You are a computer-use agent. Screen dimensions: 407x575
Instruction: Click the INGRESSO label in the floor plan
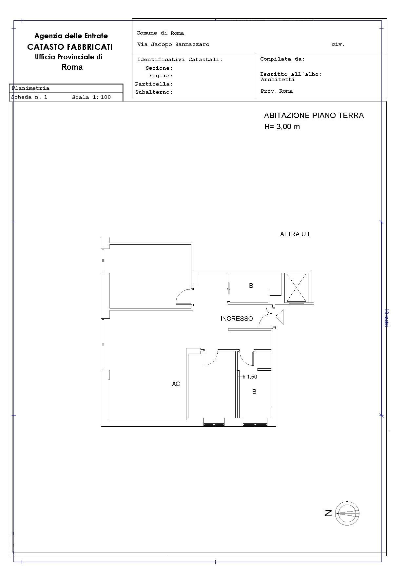tap(237, 319)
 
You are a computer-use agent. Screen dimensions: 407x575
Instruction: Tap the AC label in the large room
tap(176, 384)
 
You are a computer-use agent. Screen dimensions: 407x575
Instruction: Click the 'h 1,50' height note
tap(250, 377)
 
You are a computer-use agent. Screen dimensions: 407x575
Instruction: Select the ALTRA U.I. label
tap(295, 234)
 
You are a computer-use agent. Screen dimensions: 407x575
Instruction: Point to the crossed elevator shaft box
tap(297, 288)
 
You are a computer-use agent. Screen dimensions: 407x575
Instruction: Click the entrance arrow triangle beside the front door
tap(280, 318)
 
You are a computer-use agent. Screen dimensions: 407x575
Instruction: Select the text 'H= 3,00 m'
tap(282, 127)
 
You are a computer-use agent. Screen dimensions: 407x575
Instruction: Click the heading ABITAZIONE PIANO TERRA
tap(314, 116)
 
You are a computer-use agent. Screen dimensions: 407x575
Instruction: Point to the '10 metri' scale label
tap(386, 318)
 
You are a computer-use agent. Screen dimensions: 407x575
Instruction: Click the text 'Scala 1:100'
tap(91, 97)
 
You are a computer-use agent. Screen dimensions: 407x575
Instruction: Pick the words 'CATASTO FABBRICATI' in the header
tap(70, 47)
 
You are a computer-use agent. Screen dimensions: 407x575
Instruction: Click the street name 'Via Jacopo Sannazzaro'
tap(173, 45)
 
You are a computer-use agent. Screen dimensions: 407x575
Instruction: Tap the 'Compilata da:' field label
tap(282, 59)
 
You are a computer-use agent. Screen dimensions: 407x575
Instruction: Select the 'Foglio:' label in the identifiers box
tap(161, 76)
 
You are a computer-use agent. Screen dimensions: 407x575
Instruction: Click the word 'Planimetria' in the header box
tap(30, 88)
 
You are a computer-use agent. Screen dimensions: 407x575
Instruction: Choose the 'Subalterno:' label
tap(154, 92)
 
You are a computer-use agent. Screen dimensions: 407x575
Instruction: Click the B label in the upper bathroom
tap(251, 286)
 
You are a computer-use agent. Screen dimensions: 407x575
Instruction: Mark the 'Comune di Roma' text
tap(160, 33)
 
